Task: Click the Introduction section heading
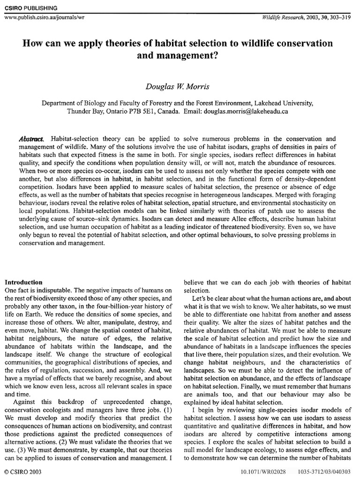tap(23, 283)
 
